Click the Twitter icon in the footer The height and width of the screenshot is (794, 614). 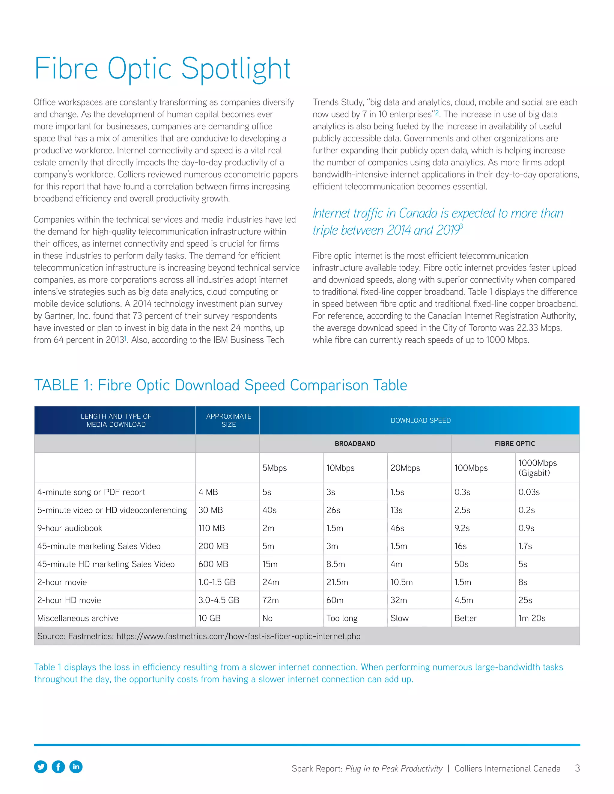[x=41, y=767]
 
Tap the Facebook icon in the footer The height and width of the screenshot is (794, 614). [x=58, y=767]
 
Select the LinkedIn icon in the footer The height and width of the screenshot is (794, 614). [x=76, y=767]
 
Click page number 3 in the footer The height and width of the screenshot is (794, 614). [x=577, y=768]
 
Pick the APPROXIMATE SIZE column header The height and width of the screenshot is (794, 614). [x=228, y=420]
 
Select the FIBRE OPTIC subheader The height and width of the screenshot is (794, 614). [x=514, y=443]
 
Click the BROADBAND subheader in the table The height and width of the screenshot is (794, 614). [x=355, y=443]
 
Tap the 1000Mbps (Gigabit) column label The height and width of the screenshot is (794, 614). [x=537, y=468]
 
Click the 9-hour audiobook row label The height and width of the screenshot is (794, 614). [x=70, y=528]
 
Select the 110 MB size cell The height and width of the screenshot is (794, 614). [x=211, y=528]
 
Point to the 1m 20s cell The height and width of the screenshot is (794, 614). [x=532, y=618]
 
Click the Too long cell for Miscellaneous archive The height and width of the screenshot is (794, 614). [x=341, y=618]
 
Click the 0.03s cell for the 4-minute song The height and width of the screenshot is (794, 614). [x=529, y=492]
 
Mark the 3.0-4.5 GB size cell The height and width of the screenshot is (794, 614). [x=219, y=600]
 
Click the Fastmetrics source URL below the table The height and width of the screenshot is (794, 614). [x=238, y=636]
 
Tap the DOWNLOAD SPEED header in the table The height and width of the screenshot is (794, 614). [x=421, y=420]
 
